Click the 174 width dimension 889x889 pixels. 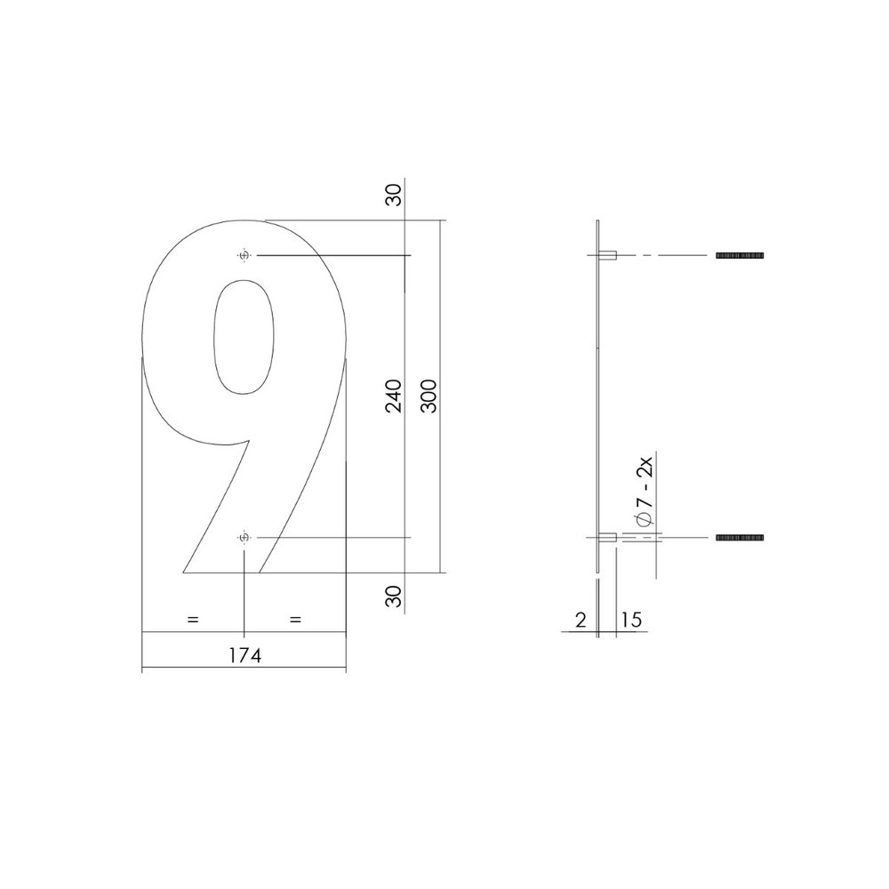coord(244,656)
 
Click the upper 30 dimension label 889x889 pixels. coord(395,194)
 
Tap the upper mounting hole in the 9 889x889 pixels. coord(244,256)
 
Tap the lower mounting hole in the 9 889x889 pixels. coord(244,538)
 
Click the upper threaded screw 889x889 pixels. coord(740,256)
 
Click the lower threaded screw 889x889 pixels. coord(740,538)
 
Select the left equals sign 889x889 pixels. coord(193,619)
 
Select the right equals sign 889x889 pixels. coord(296,619)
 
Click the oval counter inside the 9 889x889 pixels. coord(244,338)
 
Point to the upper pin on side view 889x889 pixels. coord(609,256)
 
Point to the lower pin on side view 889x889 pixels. coord(609,538)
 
